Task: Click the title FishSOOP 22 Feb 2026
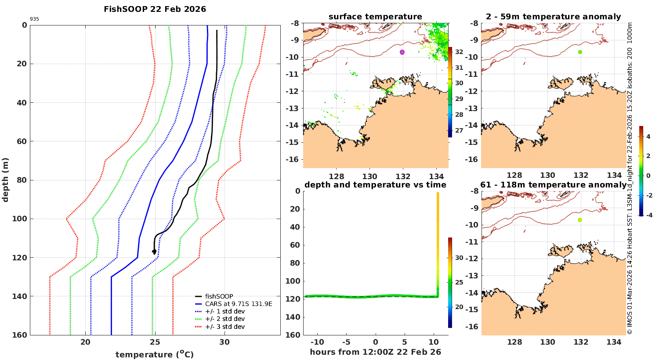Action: [155, 9]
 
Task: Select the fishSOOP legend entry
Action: [219, 296]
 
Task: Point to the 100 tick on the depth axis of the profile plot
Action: [21, 219]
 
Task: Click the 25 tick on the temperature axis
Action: [155, 342]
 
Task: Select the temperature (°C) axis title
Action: [155, 354]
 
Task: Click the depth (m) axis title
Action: [5, 180]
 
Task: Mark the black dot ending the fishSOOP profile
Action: [154, 252]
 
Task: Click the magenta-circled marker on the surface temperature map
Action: [402, 52]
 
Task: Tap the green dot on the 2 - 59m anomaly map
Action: [580, 52]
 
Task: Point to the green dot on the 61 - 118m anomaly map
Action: [580, 220]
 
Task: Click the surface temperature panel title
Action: [375, 17]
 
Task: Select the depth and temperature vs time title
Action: [375, 185]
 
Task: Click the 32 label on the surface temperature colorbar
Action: [459, 52]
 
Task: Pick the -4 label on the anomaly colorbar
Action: [648, 215]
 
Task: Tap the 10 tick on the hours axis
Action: [434, 342]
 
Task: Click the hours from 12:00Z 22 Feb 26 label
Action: [375, 352]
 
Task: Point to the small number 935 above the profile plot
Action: [34, 19]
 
